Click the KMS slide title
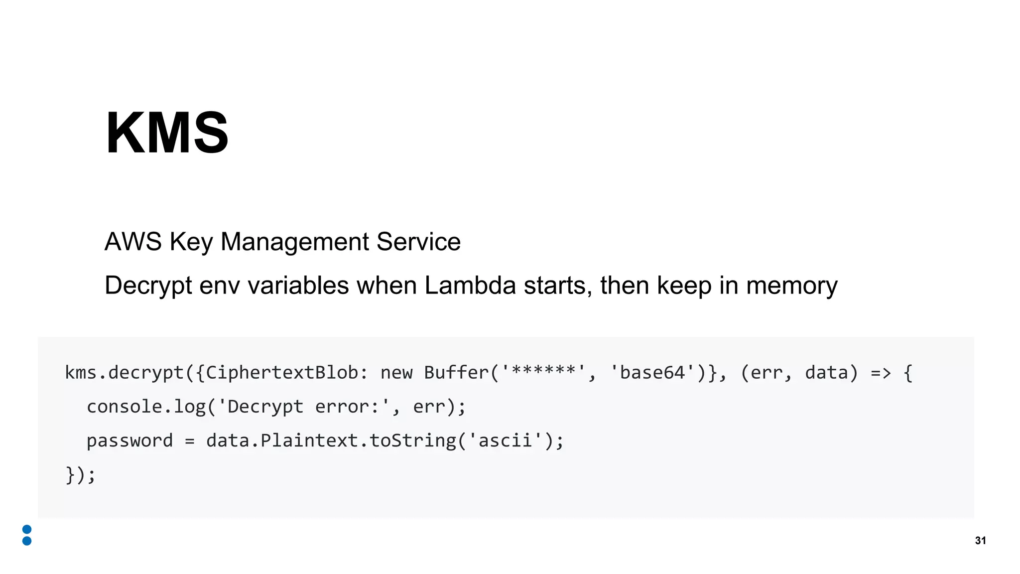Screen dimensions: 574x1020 click(x=167, y=133)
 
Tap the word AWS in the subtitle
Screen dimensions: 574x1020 click(x=133, y=242)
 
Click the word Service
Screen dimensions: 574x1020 click(x=418, y=242)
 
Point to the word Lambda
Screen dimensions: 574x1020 click(x=470, y=286)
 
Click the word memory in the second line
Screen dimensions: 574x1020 click(x=791, y=286)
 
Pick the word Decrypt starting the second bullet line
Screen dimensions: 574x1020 click(x=148, y=286)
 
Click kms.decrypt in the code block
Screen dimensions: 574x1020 click(x=125, y=373)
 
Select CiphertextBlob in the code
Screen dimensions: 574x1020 click(x=282, y=373)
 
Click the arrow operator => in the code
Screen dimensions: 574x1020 click(x=881, y=373)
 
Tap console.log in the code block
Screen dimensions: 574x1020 click(x=146, y=407)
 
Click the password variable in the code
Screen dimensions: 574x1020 click(x=129, y=440)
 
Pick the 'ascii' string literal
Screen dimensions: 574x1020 click(x=505, y=440)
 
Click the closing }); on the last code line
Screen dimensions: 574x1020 click(x=80, y=474)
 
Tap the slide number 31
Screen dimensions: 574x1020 click(x=980, y=541)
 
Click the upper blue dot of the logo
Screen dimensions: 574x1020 click(x=27, y=529)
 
